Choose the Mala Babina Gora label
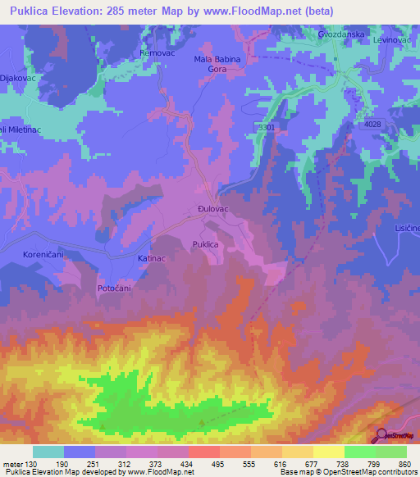tap(217, 65)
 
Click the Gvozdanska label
tap(340, 35)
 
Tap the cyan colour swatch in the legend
tap(48, 452)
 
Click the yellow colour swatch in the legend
tap(328, 452)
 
